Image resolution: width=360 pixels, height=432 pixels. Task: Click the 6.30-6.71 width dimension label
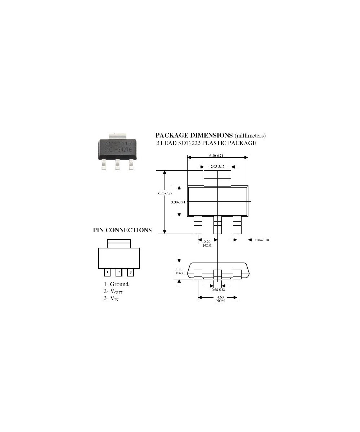tap(216, 156)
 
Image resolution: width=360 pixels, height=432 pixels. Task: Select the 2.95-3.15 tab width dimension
tap(217, 167)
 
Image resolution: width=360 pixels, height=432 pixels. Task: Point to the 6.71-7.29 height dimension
tap(165, 193)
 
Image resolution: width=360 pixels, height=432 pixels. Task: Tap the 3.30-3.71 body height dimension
tap(178, 202)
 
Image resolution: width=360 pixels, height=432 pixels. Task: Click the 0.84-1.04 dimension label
tap(262, 240)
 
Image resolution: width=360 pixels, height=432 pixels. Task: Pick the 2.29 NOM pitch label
tap(207, 243)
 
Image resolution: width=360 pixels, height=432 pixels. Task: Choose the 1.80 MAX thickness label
tap(179, 271)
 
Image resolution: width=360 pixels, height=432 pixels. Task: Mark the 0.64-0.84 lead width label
tap(218, 290)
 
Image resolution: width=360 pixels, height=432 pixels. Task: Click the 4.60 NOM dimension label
tap(220, 299)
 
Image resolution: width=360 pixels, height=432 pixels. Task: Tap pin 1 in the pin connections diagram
tap(107, 272)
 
